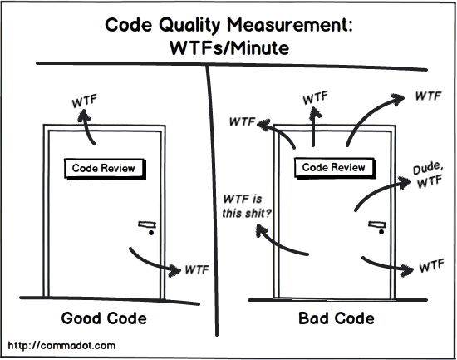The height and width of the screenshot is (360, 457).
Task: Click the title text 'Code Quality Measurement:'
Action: click(229, 26)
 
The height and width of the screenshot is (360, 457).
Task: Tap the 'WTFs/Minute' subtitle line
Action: click(229, 48)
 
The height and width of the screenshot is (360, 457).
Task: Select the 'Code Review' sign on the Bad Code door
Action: click(333, 167)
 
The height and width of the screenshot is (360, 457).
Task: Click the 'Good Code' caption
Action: click(105, 318)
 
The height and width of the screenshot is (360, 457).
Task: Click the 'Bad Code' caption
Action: click(336, 318)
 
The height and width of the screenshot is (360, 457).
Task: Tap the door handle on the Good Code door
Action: click(148, 227)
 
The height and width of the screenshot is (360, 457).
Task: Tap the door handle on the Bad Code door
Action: click(378, 226)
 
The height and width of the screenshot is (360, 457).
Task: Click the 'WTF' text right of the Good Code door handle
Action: click(196, 269)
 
